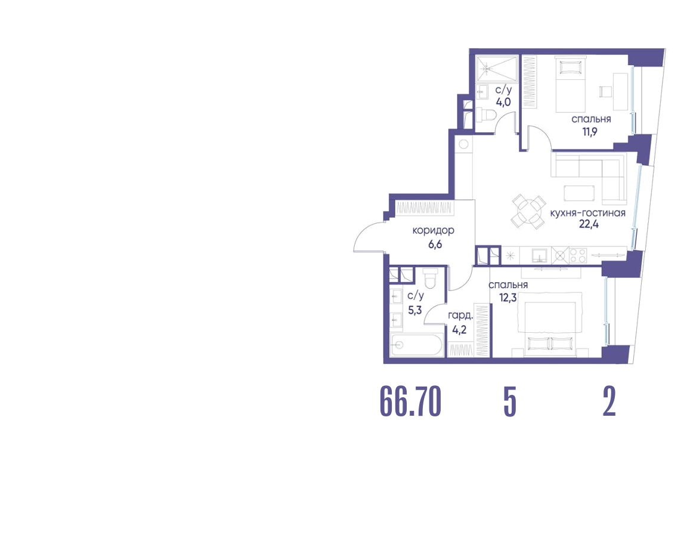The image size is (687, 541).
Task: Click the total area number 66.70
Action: pos(410,401)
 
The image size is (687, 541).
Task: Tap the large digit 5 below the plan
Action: pos(510,401)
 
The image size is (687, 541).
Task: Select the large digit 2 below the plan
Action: pos(609,401)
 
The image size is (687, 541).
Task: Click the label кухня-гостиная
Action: pos(587,213)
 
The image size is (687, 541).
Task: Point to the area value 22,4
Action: pos(589,224)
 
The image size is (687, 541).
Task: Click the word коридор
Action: pos(434,230)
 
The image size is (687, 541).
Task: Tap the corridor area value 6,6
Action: pos(435,245)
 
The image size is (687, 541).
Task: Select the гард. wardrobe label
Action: pos(460,316)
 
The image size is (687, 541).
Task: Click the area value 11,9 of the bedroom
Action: pos(590,131)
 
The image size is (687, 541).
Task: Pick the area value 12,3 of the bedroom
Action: pos(508,298)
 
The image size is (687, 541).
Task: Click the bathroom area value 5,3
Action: pos(415,310)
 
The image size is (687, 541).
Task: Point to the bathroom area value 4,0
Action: pos(503,102)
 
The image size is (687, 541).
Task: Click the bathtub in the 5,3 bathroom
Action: pos(417,345)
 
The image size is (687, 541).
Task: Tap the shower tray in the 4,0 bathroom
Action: pos(497,69)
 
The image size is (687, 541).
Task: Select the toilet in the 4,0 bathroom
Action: pos(487,115)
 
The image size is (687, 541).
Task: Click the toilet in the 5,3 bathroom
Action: pos(430,279)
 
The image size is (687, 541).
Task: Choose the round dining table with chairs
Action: pos(528,211)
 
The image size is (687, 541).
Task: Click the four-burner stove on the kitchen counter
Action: pos(578,255)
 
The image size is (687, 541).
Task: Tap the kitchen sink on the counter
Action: pos(539,255)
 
